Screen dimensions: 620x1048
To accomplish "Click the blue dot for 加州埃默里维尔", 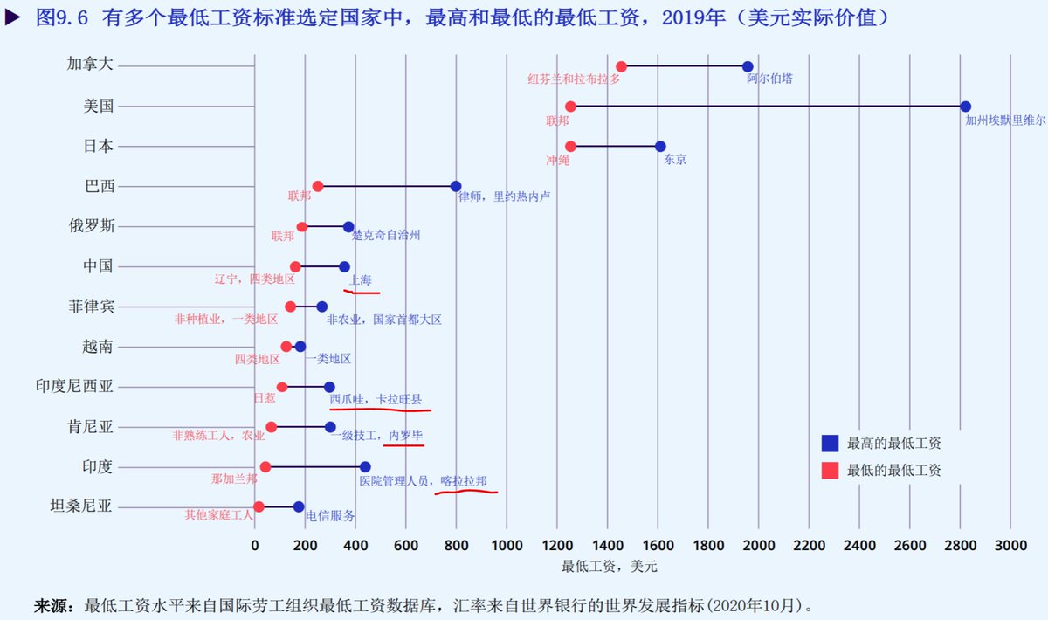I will (965, 107).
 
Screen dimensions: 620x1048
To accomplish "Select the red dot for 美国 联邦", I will (570, 107).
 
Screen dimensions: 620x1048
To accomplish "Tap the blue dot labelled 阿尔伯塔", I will (748, 66).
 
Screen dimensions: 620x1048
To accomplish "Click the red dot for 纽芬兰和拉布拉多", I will (621, 66).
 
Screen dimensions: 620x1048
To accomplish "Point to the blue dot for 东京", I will (660, 147).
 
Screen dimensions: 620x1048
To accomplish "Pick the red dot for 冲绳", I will (570, 147).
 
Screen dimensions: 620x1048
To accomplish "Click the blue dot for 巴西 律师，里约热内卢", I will (456, 186).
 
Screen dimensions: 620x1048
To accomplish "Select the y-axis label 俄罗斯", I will (91, 225).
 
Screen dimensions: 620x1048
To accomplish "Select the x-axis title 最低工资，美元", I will (609, 567).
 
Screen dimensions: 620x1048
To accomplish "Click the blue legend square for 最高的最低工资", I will (830, 443).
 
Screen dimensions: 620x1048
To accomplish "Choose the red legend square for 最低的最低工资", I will (830, 470).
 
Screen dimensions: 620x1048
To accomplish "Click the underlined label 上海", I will (361, 279).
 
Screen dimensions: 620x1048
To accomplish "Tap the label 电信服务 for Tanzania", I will (330, 515).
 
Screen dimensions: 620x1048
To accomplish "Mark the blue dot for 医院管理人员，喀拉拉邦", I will (365, 467).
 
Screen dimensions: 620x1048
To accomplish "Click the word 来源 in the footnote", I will (52, 604).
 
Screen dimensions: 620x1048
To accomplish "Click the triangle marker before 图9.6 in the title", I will (13, 17).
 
